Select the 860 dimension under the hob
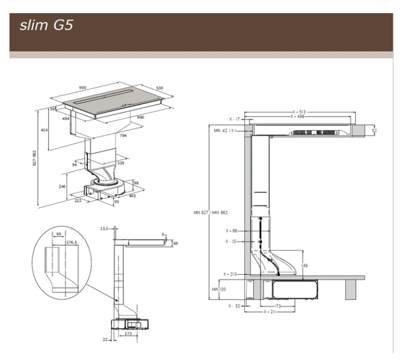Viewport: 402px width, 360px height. pyautogui.click(x=141, y=117)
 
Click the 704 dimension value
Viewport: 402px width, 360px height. pyautogui.click(x=122, y=135)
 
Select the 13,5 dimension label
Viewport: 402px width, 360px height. pyautogui.click(x=104, y=228)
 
